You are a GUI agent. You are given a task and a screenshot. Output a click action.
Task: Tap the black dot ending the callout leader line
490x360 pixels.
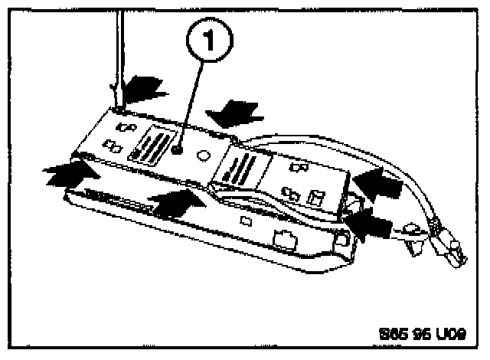pos(178,152)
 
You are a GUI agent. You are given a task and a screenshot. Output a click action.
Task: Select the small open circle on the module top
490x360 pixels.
pos(204,155)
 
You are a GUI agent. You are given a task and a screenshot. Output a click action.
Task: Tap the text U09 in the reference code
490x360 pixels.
pos(449,335)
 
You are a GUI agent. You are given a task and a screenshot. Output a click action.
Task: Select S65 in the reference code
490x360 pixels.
pos(393,335)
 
